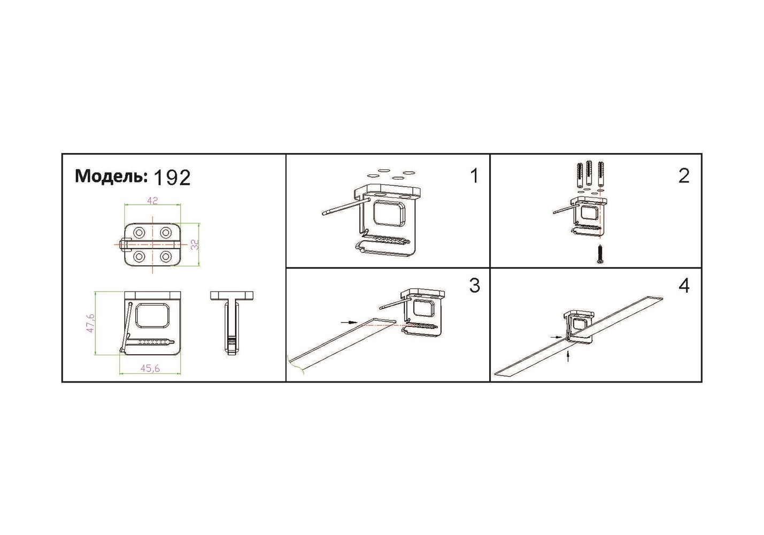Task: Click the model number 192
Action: point(172,178)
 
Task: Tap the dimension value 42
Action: point(152,201)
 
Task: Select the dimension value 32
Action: point(195,244)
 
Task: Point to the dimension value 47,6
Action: point(90,323)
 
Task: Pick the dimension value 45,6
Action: point(150,369)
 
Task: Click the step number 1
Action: point(474,176)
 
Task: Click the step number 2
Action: point(684,176)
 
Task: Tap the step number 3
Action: point(474,285)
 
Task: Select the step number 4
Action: point(684,286)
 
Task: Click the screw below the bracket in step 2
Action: point(600,254)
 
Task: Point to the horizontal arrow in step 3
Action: point(349,322)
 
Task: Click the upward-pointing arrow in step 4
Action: point(568,356)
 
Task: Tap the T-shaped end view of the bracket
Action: point(232,323)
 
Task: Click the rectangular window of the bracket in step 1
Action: point(390,213)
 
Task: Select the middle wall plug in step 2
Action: point(589,173)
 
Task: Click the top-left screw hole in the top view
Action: point(139,233)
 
